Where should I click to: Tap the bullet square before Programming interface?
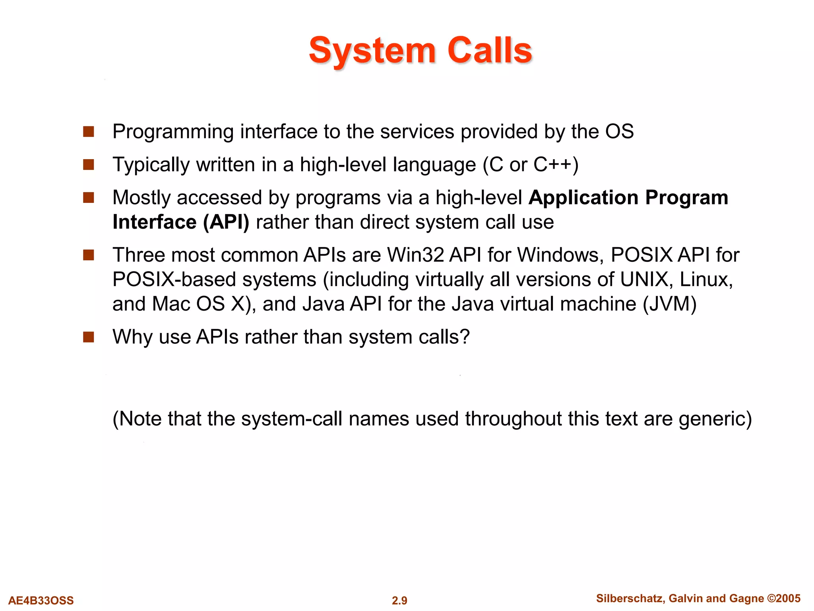(88, 132)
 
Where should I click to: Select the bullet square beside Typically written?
(88, 165)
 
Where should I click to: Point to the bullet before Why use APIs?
(88, 337)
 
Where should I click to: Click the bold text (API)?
(226, 222)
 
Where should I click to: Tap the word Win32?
(416, 255)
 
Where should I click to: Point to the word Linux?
(706, 279)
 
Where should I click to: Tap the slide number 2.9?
(399, 600)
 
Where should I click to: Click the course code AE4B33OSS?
(41, 600)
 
